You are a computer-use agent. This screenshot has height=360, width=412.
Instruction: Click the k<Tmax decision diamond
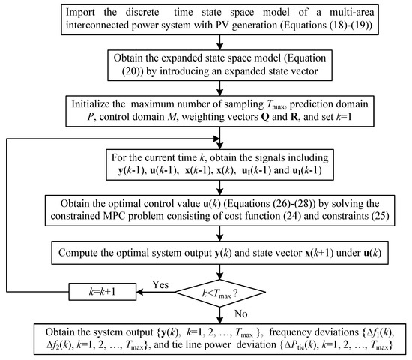(220, 292)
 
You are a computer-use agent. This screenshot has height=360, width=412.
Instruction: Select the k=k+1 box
(103, 292)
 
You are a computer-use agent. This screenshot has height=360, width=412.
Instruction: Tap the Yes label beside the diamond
(160, 284)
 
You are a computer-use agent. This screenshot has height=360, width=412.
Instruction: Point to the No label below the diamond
(241, 313)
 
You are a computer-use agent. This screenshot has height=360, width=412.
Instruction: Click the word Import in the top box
(80, 13)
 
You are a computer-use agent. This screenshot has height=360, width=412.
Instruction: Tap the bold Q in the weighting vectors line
(265, 117)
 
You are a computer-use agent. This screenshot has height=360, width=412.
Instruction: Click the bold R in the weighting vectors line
(294, 116)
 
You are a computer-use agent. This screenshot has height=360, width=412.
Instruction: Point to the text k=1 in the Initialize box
(344, 116)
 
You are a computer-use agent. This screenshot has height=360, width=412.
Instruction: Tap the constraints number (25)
(381, 216)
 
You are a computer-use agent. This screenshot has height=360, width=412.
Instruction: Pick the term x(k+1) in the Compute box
(319, 253)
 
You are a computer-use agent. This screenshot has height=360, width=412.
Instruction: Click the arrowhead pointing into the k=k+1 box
(139, 292)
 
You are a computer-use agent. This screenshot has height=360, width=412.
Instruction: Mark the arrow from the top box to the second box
(220, 42)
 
